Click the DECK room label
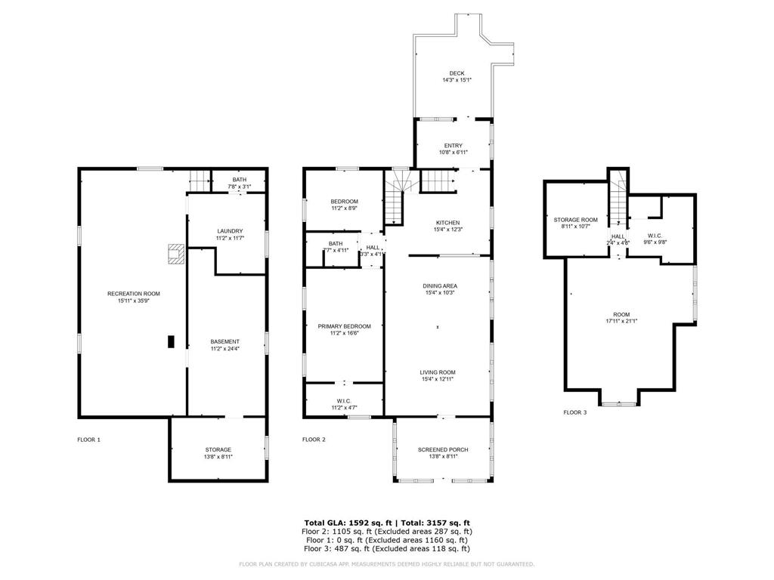457,73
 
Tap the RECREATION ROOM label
134,294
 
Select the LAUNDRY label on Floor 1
230,231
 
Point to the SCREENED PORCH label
443,450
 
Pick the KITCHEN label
447,223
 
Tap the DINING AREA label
440,285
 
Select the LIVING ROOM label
438,372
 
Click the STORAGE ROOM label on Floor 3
575,220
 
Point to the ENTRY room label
454,146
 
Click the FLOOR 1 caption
88,440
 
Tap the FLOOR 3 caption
574,412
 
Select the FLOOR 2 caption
314,440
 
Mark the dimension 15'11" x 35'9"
134,301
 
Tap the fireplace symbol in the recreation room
176,254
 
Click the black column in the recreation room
171,342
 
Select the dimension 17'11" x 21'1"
621,321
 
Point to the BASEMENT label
225,341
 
